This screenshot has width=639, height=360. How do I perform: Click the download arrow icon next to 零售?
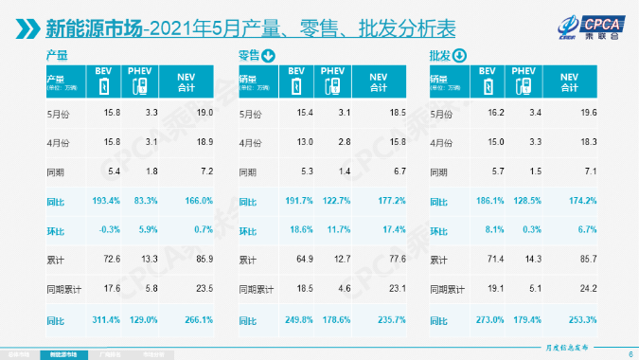[x=271, y=56]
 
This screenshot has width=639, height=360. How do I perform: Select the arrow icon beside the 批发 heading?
[x=460, y=56]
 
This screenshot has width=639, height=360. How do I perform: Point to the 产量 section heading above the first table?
[x=57, y=57]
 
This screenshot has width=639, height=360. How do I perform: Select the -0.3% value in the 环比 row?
[x=104, y=230]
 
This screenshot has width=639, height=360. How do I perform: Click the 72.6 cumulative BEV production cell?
[x=104, y=259]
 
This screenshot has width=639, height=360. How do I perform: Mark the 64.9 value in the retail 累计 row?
[x=293, y=259]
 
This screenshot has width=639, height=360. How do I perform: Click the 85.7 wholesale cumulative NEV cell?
[x=564, y=259]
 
